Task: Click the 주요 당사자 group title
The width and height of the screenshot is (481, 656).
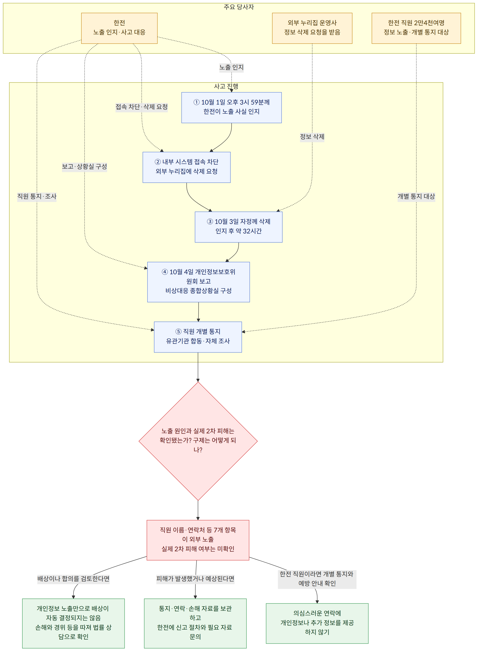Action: click(x=239, y=7)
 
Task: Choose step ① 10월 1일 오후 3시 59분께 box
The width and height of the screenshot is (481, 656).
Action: click(x=232, y=108)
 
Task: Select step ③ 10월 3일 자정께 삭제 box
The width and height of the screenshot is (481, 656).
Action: click(x=238, y=227)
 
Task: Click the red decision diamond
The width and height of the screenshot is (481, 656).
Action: click(x=198, y=441)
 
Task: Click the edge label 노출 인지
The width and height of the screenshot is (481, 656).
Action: click(x=232, y=67)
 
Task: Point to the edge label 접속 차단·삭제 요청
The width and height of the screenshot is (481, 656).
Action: click(x=142, y=107)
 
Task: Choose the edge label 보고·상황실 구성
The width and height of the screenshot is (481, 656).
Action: click(x=84, y=166)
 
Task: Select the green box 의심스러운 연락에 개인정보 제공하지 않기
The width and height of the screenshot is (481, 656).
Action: click(x=317, y=623)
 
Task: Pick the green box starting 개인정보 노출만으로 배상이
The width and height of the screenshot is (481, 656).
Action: click(x=73, y=623)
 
